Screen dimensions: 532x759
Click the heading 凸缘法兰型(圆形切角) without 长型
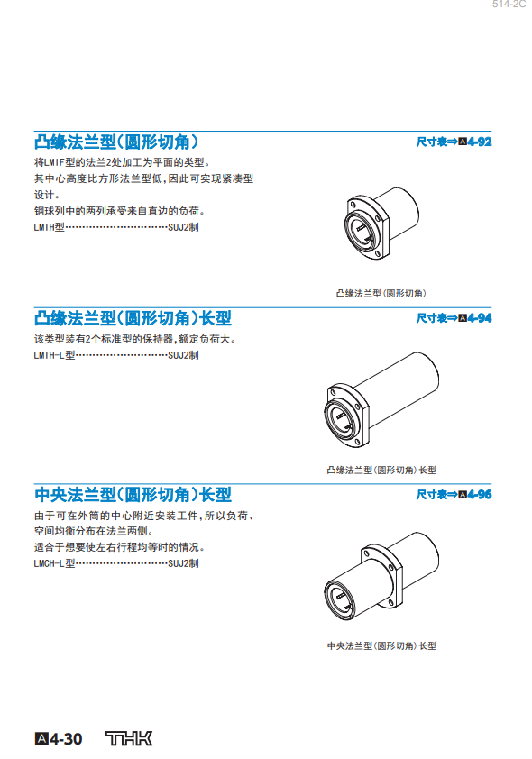tap(116, 142)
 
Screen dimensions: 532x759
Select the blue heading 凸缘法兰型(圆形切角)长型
tap(133, 318)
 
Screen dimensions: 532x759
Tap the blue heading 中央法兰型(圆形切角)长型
tap(133, 494)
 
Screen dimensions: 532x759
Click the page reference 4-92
tap(479, 142)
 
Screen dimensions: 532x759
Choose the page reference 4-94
tap(479, 318)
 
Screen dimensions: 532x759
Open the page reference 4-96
tap(479, 494)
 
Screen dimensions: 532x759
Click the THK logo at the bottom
tap(129, 738)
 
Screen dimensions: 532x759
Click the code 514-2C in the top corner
tap(509, 5)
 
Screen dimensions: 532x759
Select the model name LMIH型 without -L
tap(49, 227)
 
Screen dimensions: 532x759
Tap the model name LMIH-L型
tap(54, 355)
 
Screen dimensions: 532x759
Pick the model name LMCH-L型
tap(54, 563)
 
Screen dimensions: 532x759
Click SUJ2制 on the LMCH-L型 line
tap(183, 563)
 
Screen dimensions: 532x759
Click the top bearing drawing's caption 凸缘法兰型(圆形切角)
tap(381, 293)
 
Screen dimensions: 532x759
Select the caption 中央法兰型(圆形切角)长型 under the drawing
tap(381, 645)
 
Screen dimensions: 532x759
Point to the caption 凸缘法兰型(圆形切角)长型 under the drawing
tap(381, 470)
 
